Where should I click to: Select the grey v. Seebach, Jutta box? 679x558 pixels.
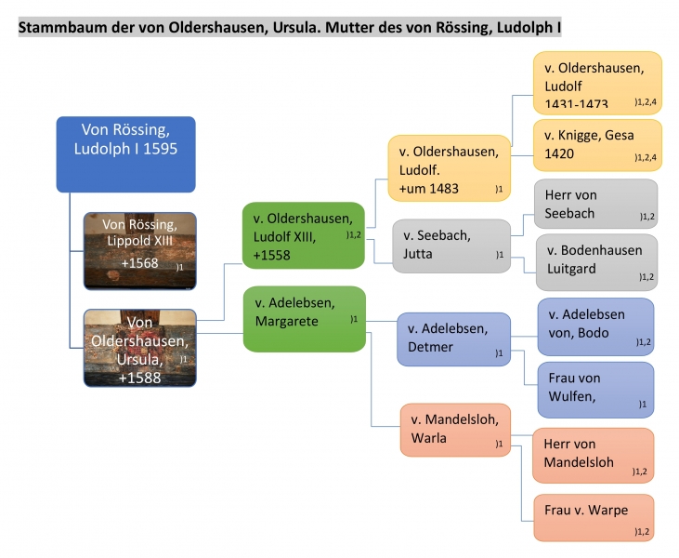click(x=449, y=245)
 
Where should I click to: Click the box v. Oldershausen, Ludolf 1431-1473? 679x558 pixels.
click(x=597, y=82)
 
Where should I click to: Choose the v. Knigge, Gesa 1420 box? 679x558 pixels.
click(x=597, y=144)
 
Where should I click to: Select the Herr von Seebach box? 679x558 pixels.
click(x=595, y=205)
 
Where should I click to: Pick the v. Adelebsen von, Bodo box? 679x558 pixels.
click(x=595, y=325)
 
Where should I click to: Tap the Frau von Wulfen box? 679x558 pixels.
click(x=595, y=389)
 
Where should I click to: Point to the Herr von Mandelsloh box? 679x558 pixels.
click(x=593, y=455)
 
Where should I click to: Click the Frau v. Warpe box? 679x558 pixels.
click(x=593, y=518)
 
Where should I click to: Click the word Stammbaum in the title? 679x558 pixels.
click(x=56, y=28)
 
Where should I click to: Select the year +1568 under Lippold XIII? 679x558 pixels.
click(x=139, y=262)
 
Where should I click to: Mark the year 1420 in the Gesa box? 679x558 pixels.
click(x=560, y=154)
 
